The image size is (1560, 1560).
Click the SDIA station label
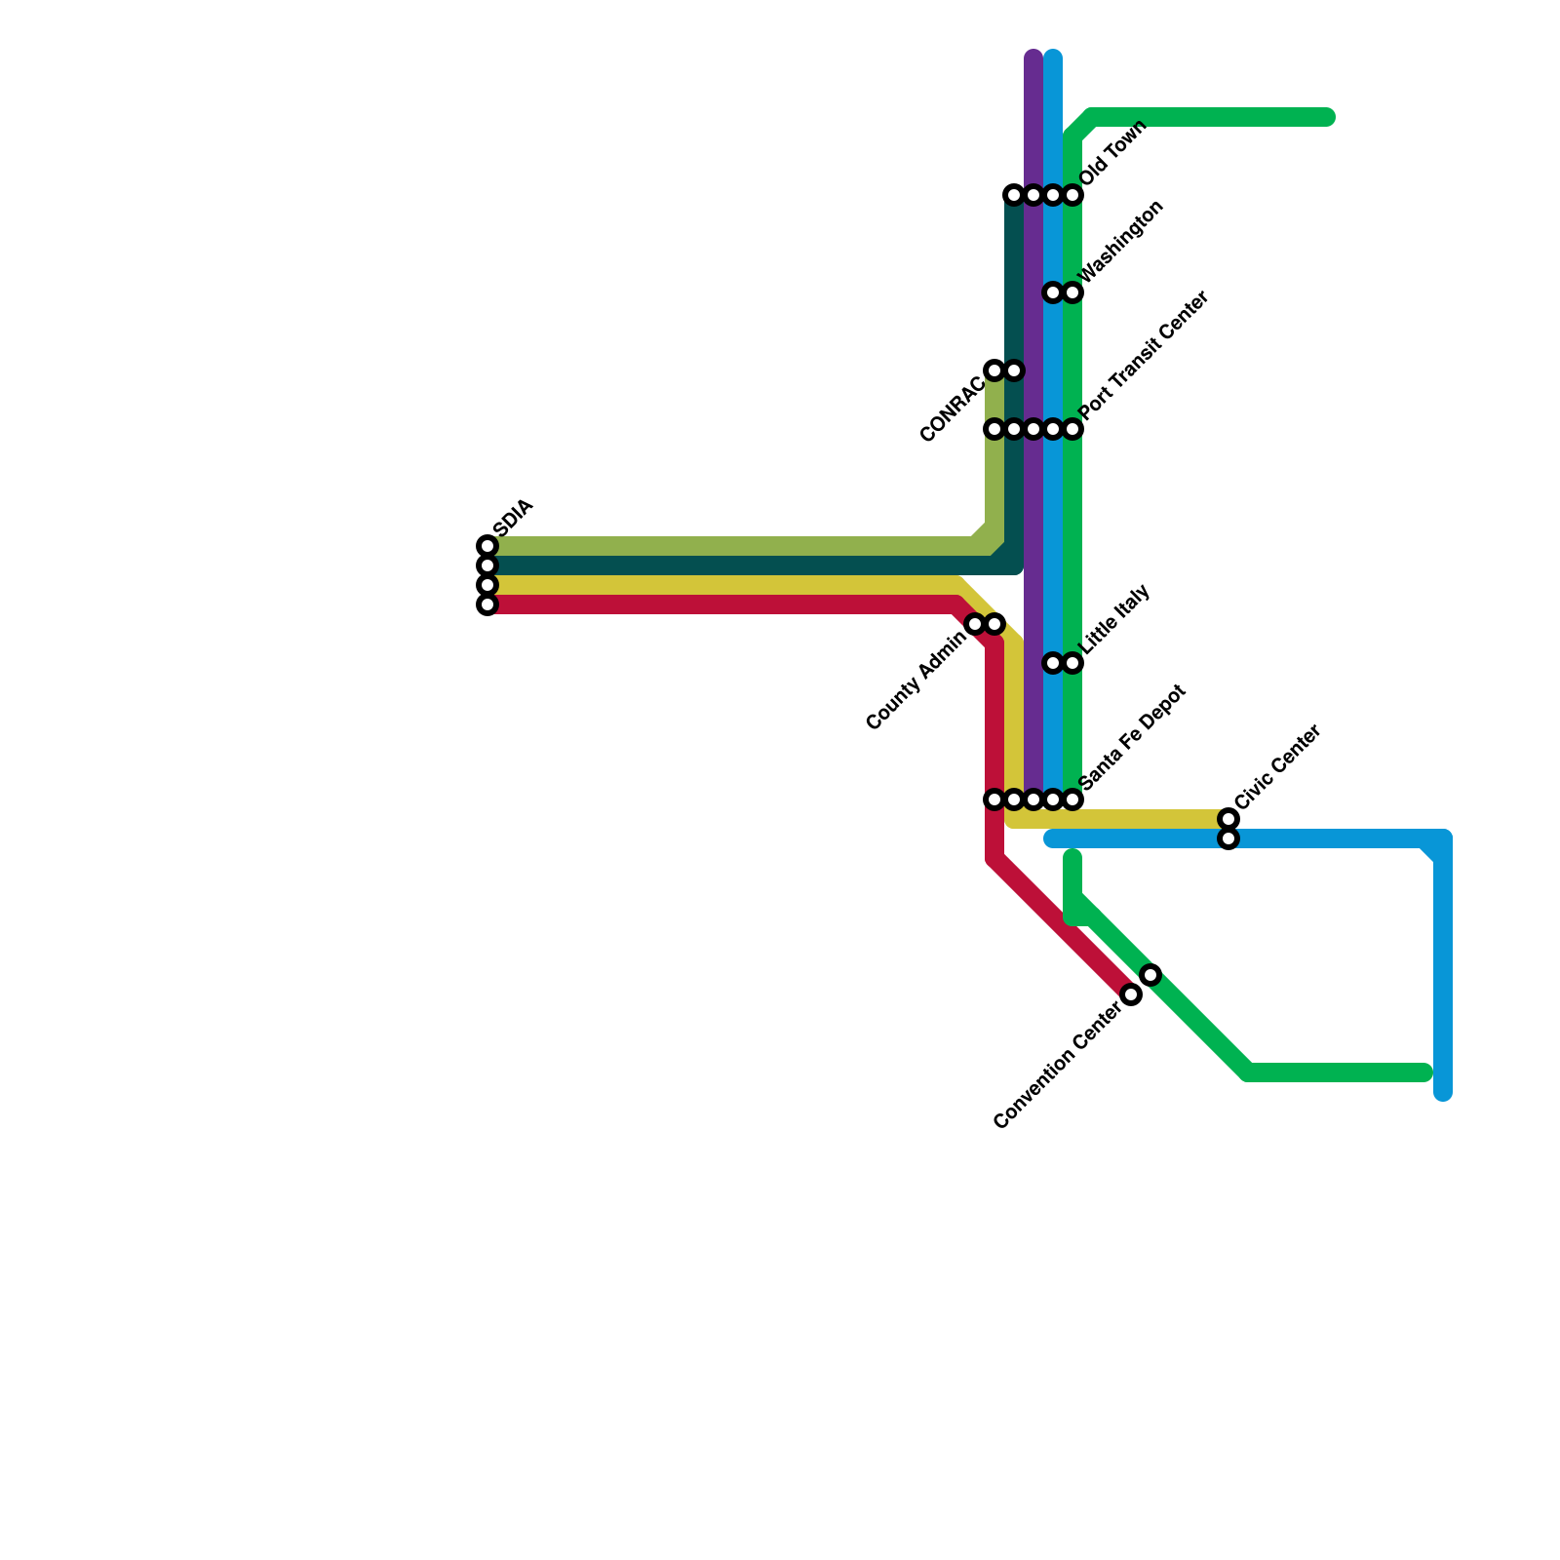click(x=514, y=517)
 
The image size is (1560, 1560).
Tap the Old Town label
click(x=1113, y=153)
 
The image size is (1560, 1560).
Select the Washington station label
click(x=1122, y=242)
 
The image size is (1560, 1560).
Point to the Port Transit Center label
click(x=1145, y=356)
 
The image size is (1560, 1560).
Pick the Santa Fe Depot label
click(x=1133, y=736)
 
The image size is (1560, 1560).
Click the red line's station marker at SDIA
click(x=487, y=605)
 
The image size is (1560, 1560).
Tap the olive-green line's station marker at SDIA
click(x=487, y=546)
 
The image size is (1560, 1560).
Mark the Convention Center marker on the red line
click(x=1131, y=994)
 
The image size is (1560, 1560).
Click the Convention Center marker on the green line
click(x=1150, y=975)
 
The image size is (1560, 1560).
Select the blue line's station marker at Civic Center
click(x=1228, y=838)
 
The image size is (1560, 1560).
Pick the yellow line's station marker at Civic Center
click(x=1228, y=819)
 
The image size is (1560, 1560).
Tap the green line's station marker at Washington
click(x=1072, y=292)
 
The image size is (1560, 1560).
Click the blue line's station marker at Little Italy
click(x=1053, y=663)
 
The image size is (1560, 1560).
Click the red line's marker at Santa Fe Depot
click(x=994, y=799)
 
